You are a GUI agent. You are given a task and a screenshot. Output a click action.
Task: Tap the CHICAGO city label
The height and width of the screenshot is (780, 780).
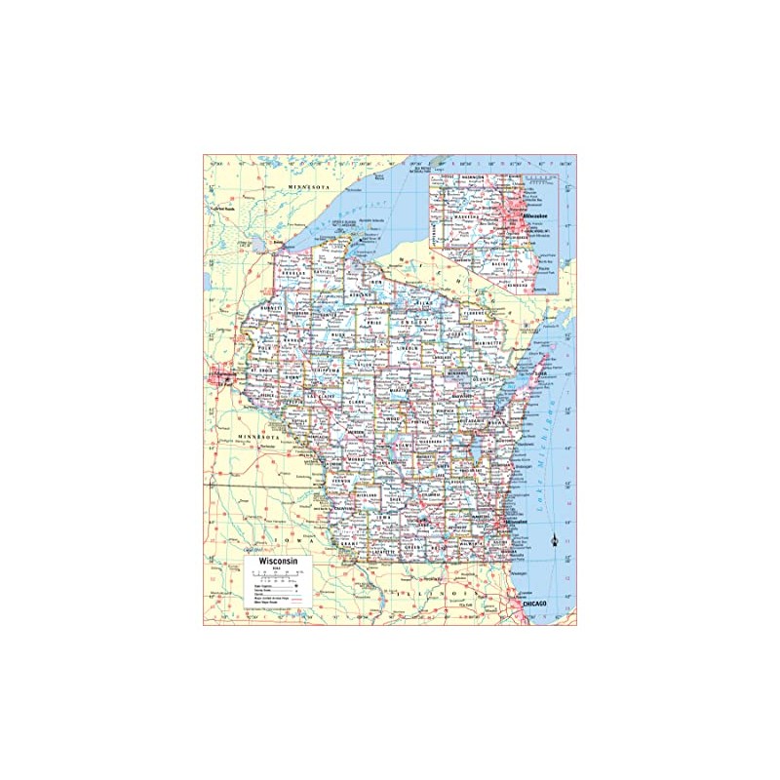coord(536,605)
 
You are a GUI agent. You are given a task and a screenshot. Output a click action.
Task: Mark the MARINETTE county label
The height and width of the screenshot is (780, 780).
coord(489,343)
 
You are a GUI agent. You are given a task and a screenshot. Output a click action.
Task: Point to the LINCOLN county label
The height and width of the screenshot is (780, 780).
coord(408,348)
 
